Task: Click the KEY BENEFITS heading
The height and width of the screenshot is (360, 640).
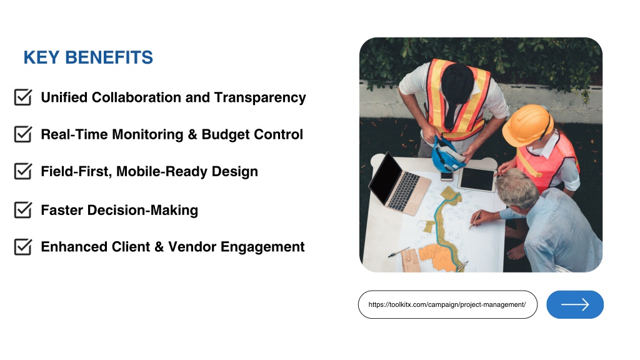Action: (x=88, y=57)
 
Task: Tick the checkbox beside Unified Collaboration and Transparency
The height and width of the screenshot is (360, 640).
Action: (x=23, y=97)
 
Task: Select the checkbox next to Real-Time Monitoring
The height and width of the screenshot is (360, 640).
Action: (x=23, y=134)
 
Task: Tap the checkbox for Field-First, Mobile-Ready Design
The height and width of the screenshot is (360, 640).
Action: (x=23, y=171)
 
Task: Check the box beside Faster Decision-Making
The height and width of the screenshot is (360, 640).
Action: (x=23, y=209)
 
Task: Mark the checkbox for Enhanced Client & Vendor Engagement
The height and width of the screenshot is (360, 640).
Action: (x=23, y=246)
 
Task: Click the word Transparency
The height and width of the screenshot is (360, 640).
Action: (x=260, y=98)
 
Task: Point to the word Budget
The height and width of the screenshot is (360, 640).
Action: (x=225, y=135)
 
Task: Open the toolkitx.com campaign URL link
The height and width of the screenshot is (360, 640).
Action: (x=447, y=304)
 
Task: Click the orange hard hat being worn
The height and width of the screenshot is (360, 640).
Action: (x=527, y=125)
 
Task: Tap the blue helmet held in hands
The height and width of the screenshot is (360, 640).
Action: (x=447, y=155)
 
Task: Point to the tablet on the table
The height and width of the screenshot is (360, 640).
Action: (x=477, y=179)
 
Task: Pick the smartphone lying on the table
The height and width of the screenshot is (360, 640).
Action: (x=446, y=176)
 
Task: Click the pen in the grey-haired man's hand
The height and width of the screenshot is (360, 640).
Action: (x=475, y=219)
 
